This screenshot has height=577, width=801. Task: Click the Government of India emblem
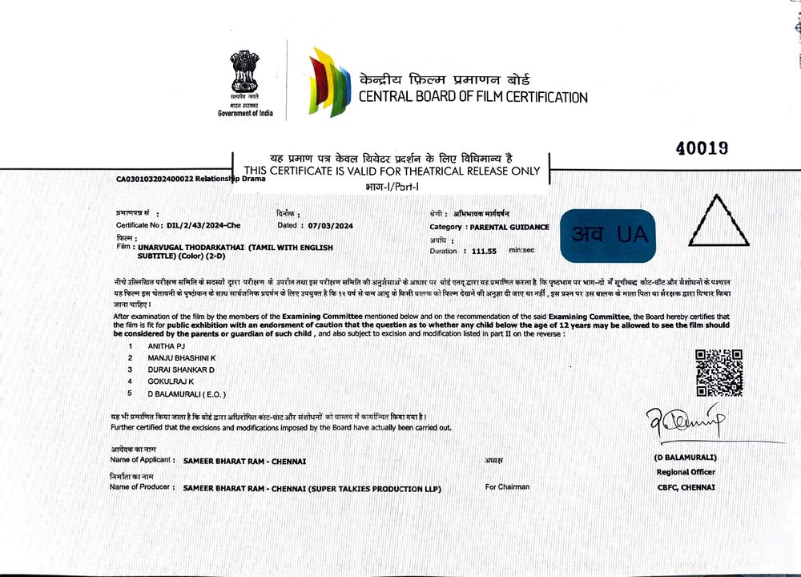point(244,74)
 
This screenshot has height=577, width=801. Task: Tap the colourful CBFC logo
point(330,82)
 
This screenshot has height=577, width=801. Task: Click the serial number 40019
point(702,147)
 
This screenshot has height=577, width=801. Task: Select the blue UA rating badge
point(609,235)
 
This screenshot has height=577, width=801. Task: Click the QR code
point(718,373)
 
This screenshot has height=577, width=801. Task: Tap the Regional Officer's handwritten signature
point(685,426)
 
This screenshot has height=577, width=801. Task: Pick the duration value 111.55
point(485,251)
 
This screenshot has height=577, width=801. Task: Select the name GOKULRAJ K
point(171,381)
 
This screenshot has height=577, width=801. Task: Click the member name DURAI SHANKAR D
point(181,369)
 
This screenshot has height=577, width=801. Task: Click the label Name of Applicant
point(141,460)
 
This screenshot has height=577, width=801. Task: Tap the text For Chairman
point(507,486)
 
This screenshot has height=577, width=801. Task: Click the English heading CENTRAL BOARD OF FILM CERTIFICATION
point(473,98)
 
